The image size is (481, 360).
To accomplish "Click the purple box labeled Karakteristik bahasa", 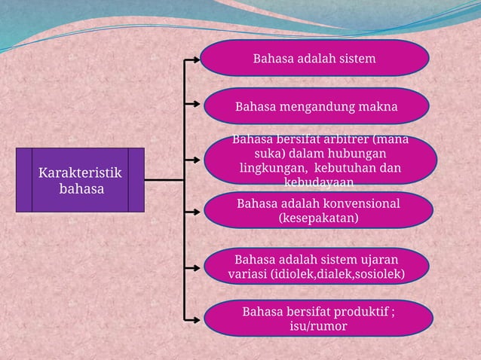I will point(81,181).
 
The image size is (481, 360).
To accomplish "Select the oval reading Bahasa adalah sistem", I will point(314,58).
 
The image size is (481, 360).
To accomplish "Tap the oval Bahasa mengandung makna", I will point(317,106).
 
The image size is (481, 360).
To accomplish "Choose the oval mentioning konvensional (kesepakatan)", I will point(318,210).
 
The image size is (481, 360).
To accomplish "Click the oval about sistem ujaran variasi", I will point(317,266).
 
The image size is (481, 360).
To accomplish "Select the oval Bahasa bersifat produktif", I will point(318,318).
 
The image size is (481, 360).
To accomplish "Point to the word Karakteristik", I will point(80,174).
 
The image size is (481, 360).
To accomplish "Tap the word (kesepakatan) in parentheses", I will point(318,218).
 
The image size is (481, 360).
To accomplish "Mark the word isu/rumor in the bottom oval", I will point(318,325).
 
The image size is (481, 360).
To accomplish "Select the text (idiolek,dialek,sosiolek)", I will point(335,273).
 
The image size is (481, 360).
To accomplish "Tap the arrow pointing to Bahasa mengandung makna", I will point(194,106).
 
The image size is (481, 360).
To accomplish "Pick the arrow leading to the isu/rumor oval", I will point(194,318).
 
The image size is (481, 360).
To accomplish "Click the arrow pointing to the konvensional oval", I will point(194,210).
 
